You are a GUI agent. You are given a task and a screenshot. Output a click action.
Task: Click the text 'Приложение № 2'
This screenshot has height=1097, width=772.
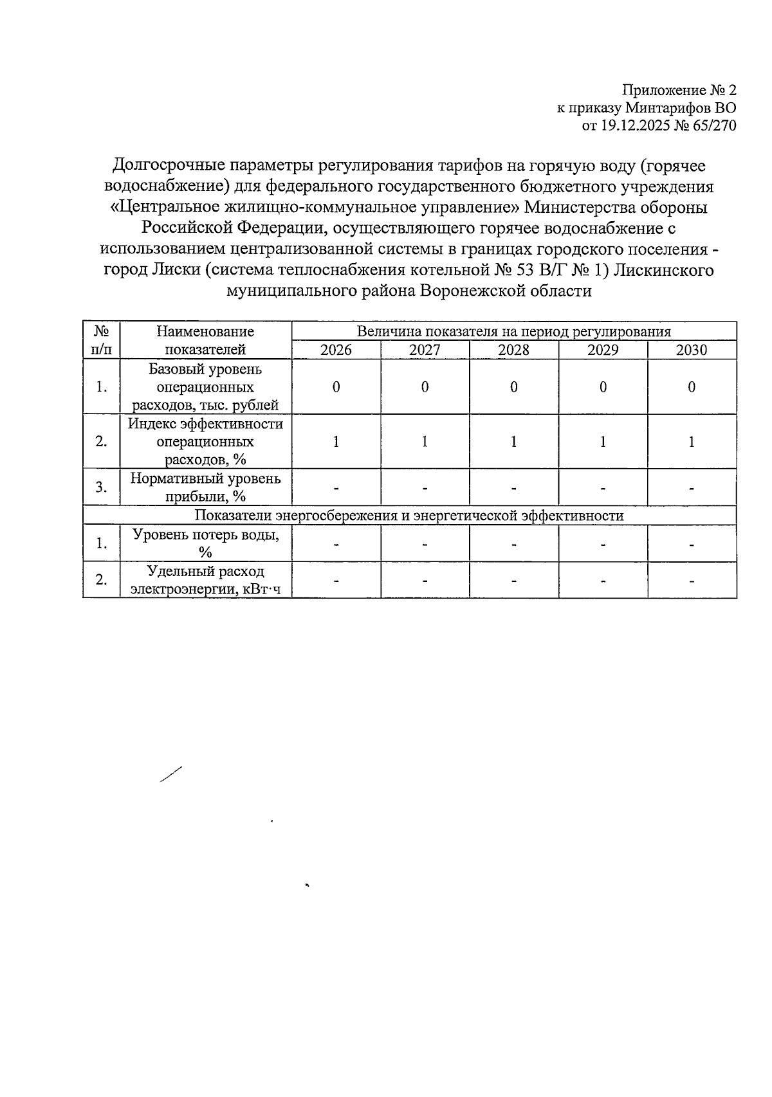coord(678,89)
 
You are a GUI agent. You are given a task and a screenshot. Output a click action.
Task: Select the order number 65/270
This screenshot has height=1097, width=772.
coord(713,126)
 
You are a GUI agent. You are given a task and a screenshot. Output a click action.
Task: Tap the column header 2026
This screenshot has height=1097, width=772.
coord(336,350)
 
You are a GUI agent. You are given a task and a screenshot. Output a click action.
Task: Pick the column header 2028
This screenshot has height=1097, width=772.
coord(514,350)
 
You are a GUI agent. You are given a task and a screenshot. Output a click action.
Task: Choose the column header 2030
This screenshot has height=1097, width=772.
coord(692,350)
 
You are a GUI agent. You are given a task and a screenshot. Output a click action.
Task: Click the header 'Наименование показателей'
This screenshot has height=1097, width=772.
coord(205,340)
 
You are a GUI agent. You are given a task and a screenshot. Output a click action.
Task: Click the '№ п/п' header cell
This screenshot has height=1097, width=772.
coord(101,340)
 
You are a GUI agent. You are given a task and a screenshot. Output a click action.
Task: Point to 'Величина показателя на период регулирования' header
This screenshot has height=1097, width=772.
coord(513,331)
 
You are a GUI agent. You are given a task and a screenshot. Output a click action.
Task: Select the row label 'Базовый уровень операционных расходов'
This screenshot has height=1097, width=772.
coord(205,387)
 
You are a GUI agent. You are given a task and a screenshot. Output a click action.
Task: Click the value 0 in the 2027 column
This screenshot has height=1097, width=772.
coord(425,387)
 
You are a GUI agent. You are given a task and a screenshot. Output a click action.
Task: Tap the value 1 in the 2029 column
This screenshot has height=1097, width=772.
coord(603,442)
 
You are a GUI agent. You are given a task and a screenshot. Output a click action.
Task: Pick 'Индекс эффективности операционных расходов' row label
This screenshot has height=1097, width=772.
coord(205,442)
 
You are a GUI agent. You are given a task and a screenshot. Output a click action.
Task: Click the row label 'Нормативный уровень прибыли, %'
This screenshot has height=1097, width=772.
coord(205,487)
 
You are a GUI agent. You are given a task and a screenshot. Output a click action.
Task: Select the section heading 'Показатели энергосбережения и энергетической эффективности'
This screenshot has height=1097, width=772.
coord(409,516)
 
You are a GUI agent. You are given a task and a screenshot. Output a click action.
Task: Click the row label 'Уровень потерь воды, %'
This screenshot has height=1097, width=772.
coord(205,543)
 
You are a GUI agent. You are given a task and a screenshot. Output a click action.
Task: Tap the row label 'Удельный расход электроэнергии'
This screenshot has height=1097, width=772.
coord(205,580)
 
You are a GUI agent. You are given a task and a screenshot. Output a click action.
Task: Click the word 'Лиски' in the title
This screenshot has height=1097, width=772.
coord(172,270)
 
